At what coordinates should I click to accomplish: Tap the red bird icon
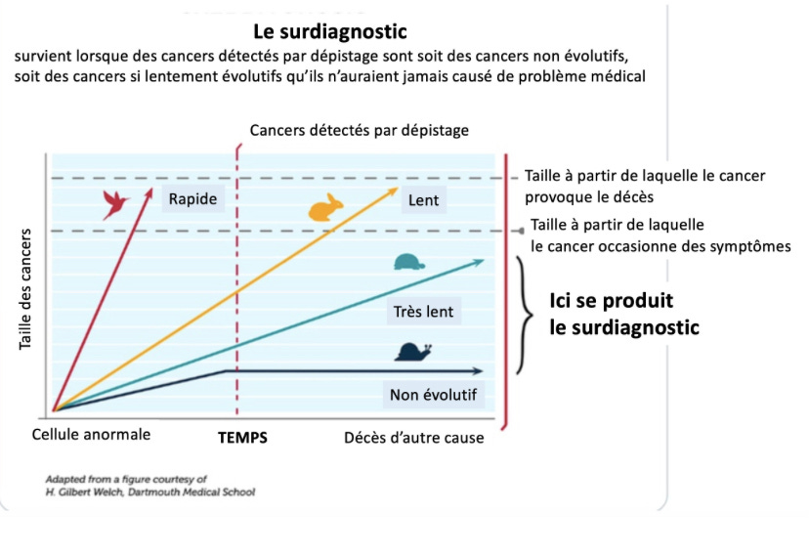(116, 203)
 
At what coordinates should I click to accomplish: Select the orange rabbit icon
(326, 208)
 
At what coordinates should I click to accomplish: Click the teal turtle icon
(407, 263)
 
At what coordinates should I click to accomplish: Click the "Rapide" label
(192, 199)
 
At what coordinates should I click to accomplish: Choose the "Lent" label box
(423, 201)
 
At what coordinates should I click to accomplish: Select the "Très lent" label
(423, 313)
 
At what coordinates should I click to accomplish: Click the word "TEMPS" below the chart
(241, 438)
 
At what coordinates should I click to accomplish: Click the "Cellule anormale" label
(91, 435)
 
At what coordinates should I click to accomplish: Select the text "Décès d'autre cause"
(413, 438)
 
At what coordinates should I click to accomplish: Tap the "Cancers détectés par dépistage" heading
(359, 130)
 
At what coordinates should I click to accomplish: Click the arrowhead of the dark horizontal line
(478, 371)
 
